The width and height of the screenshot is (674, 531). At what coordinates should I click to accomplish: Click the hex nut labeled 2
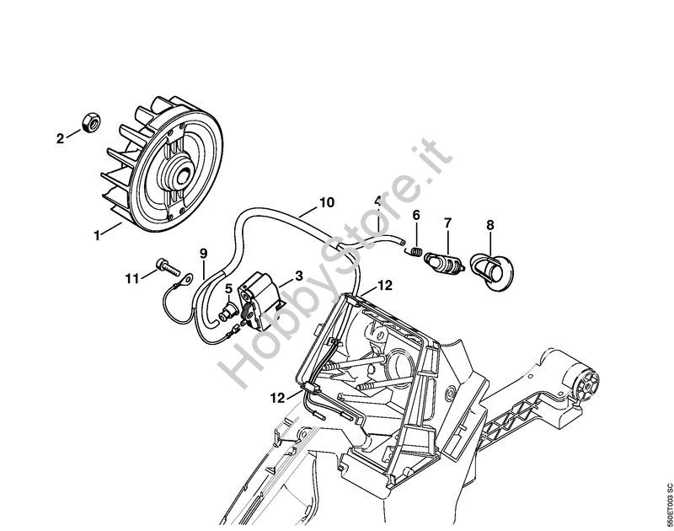[91, 122]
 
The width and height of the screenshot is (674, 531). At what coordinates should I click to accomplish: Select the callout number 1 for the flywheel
[97, 236]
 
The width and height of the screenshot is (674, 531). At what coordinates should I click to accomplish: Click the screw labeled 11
[166, 267]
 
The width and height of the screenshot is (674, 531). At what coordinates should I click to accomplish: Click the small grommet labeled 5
[227, 312]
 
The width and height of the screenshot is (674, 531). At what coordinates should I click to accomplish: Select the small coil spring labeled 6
[415, 251]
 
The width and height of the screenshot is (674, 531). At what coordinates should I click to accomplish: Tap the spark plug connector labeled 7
[444, 262]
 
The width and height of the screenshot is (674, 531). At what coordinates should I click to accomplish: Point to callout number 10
[327, 202]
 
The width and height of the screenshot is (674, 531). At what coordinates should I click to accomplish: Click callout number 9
[203, 254]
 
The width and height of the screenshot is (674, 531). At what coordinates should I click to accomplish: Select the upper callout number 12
[384, 285]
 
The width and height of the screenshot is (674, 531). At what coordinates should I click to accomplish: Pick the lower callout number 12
[278, 399]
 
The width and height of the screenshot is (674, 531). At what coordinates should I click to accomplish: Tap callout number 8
[490, 225]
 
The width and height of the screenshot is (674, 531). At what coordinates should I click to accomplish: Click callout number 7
[448, 223]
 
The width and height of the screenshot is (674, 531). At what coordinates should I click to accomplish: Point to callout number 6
[416, 215]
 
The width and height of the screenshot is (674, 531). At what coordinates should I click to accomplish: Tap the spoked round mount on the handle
[587, 384]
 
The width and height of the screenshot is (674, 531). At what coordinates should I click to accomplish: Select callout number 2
[60, 138]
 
